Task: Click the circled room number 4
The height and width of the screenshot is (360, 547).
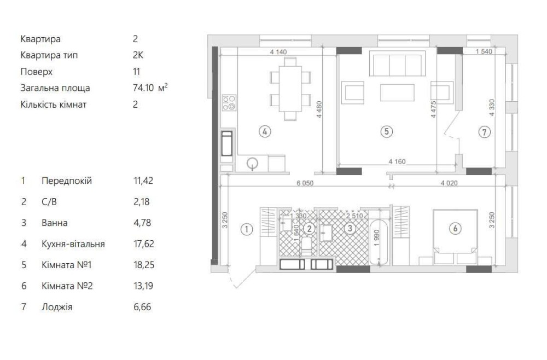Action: pos(265,131)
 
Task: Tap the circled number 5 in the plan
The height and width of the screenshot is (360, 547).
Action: pos(387,131)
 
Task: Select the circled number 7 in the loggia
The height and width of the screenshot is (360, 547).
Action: pos(484,132)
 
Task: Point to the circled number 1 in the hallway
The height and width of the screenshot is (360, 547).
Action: pos(247,229)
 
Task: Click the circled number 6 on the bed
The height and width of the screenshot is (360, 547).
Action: pos(455,229)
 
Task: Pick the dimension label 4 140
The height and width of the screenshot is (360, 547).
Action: pos(278,52)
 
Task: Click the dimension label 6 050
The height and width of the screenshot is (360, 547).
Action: pos(305,183)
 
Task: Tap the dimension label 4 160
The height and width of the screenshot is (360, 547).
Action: pos(397,161)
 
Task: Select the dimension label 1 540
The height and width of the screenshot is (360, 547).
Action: pos(484,51)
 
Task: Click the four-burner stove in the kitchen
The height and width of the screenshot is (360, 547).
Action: pos(229,102)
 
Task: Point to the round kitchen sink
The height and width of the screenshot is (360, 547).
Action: pos(252,163)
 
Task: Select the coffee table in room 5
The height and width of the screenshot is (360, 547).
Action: pos(397,92)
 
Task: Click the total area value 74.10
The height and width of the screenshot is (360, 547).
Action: pos(143,88)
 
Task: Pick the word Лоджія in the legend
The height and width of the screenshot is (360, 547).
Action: pos(57,307)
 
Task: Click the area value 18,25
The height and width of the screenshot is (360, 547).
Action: pos(144,265)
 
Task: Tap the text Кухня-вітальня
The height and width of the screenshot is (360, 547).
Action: pos(73,244)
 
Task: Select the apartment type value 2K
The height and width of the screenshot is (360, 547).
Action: pos(138,55)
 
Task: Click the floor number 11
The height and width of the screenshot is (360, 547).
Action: pos(136,72)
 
